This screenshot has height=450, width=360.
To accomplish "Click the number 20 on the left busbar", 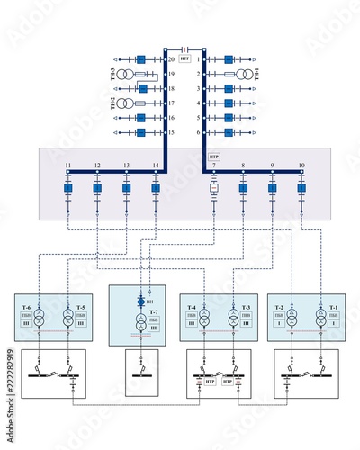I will pyautogui.click(x=170, y=59).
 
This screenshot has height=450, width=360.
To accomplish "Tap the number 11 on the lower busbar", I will pyautogui.click(x=67, y=166).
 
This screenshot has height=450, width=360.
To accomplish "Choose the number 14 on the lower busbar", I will pyautogui.click(x=156, y=166).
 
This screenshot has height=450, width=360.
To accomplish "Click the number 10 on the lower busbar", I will pyautogui.click(x=301, y=166).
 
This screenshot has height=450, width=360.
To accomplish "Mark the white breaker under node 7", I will pyautogui.click(x=214, y=189).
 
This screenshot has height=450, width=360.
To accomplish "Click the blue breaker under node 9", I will pyautogui.click(x=272, y=189).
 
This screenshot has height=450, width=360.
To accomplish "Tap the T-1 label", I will pyautogui.click(x=333, y=309).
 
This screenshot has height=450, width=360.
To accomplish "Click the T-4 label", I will pyautogui.click(x=192, y=309).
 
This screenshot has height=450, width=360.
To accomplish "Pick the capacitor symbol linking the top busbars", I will pyautogui.click(x=184, y=48).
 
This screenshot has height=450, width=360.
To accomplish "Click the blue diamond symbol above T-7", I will pyautogui.click(x=139, y=302).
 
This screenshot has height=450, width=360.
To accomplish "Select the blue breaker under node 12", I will pyautogui.click(x=97, y=189).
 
